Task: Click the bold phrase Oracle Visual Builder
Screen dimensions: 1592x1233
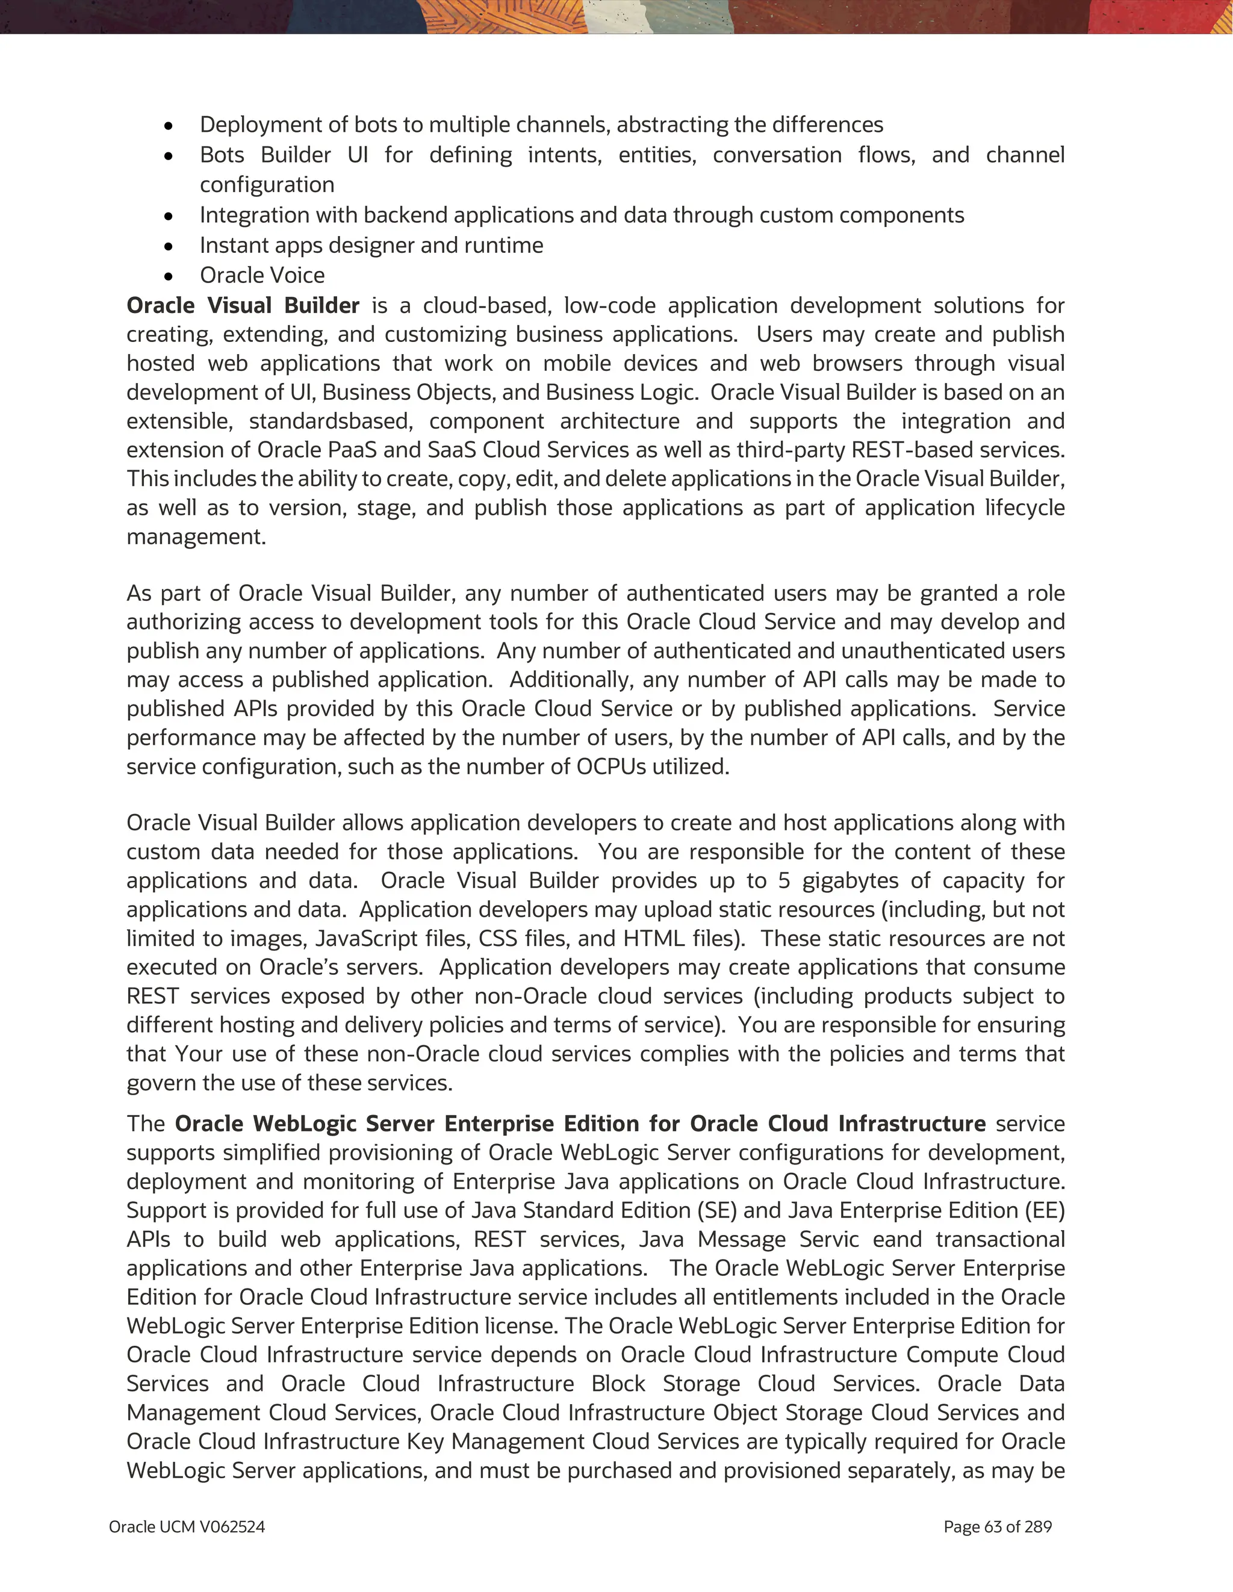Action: (x=243, y=305)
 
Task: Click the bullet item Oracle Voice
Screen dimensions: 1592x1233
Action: (x=262, y=276)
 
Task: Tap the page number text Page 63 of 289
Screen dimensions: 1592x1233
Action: (x=997, y=1526)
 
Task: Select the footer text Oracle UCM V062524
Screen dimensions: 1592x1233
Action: (x=187, y=1526)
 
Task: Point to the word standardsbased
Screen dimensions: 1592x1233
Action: (x=331, y=421)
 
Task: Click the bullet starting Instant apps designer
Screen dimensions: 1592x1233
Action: (x=371, y=245)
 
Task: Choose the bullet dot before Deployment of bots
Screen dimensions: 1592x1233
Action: (x=169, y=126)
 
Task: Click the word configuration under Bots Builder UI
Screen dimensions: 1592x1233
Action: (x=267, y=184)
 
